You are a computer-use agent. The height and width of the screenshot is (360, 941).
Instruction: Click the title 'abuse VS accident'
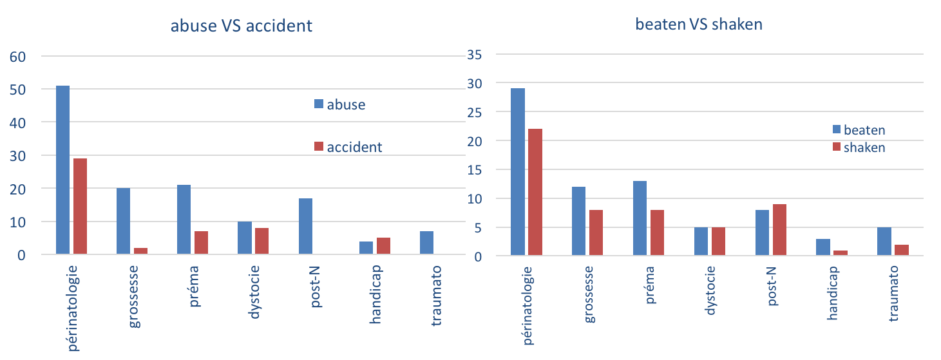pyautogui.click(x=241, y=26)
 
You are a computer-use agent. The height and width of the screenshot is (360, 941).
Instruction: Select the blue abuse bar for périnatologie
pyautogui.click(x=63, y=170)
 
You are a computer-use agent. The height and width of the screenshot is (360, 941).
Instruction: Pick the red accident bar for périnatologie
pyautogui.click(x=80, y=206)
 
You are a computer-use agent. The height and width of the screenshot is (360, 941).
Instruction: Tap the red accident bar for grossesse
pyautogui.click(x=140, y=251)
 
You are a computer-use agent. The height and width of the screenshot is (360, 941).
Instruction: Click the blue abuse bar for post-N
pyautogui.click(x=305, y=226)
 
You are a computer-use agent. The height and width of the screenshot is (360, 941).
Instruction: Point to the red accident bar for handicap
pyautogui.click(x=383, y=246)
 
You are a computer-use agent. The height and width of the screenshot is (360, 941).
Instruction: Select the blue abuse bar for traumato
pyautogui.click(x=426, y=243)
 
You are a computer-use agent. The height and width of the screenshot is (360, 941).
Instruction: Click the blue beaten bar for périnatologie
pyautogui.click(x=518, y=172)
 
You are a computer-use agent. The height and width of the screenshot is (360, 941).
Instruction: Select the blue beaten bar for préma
pyautogui.click(x=640, y=218)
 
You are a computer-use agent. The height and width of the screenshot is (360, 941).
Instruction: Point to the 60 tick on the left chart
pyautogui.click(x=17, y=57)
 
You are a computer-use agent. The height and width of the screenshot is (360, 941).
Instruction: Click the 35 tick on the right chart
pyautogui.click(x=474, y=54)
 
